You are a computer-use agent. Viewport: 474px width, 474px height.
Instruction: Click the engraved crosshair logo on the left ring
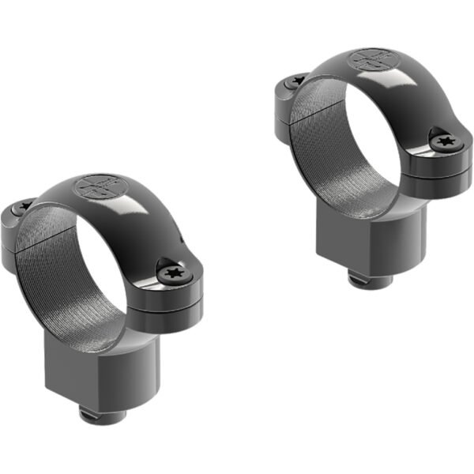coord(96,188)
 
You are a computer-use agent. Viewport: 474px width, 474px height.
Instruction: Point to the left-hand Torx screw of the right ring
coord(298,80)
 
